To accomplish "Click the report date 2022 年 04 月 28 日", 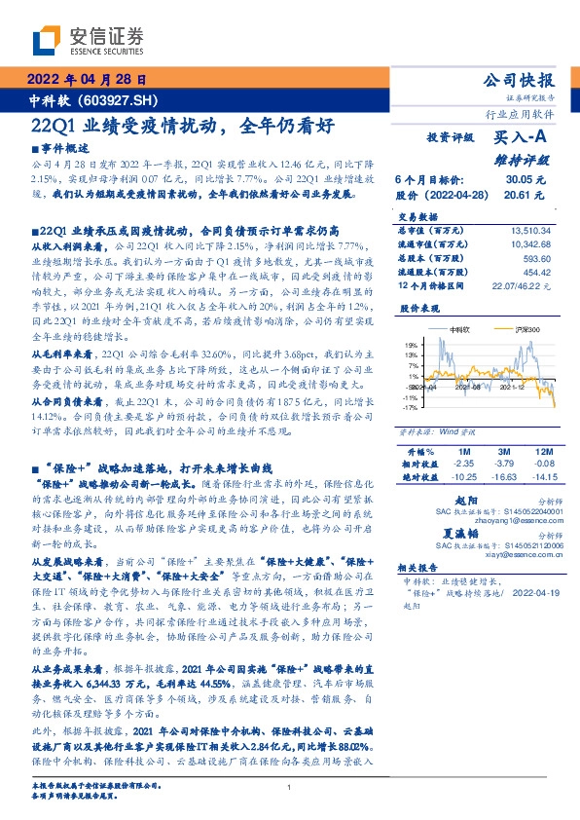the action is [89, 80].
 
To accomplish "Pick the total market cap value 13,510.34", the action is [531, 231].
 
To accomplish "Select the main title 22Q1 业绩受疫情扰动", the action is [127, 127].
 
